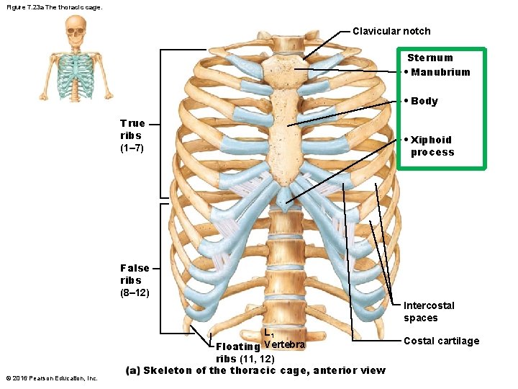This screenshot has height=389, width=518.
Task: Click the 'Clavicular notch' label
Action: point(391,31)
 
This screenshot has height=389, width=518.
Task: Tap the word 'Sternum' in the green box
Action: point(430,58)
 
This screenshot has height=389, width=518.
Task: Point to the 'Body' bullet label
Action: point(424,101)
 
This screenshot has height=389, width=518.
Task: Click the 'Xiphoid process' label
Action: point(432,146)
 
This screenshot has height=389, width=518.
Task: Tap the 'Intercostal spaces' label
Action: point(429,312)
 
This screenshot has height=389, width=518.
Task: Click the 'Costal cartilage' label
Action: point(441,341)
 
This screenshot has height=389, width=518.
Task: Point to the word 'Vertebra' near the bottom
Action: point(285,345)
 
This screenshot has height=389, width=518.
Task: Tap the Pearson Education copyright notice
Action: point(51,378)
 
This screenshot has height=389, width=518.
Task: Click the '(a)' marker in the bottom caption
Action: point(133,371)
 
